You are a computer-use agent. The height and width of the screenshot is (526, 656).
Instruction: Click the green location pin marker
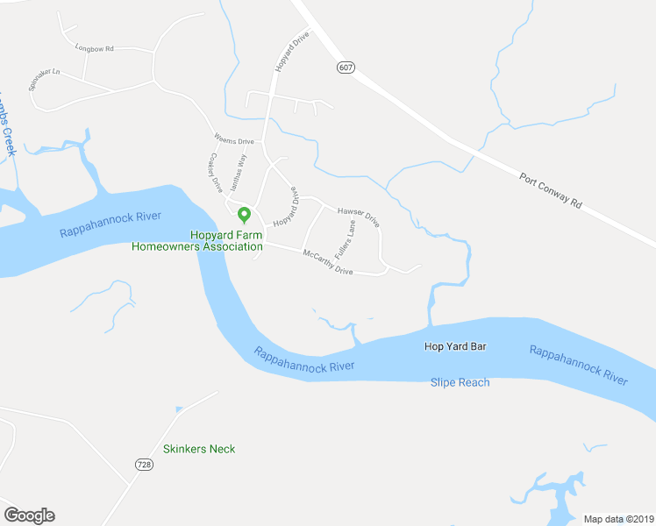(245, 214)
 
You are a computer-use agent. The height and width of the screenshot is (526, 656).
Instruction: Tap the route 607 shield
(345, 67)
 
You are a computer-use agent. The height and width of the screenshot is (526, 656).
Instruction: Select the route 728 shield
(145, 464)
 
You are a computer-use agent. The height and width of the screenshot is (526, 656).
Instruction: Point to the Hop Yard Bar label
(455, 346)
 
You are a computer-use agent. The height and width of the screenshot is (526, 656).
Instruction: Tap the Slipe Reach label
(460, 382)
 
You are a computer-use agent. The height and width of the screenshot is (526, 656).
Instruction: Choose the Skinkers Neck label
(198, 449)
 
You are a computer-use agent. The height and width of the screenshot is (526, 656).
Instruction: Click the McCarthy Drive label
(327, 263)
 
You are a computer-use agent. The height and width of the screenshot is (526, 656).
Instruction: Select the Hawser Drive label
(358, 216)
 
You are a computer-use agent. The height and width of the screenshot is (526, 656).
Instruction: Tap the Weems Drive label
(234, 139)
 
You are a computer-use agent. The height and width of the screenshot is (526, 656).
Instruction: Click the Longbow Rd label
(95, 48)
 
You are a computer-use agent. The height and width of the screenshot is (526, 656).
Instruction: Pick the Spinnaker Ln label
(44, 81)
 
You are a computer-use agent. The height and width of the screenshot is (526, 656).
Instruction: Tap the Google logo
(29, 515)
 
